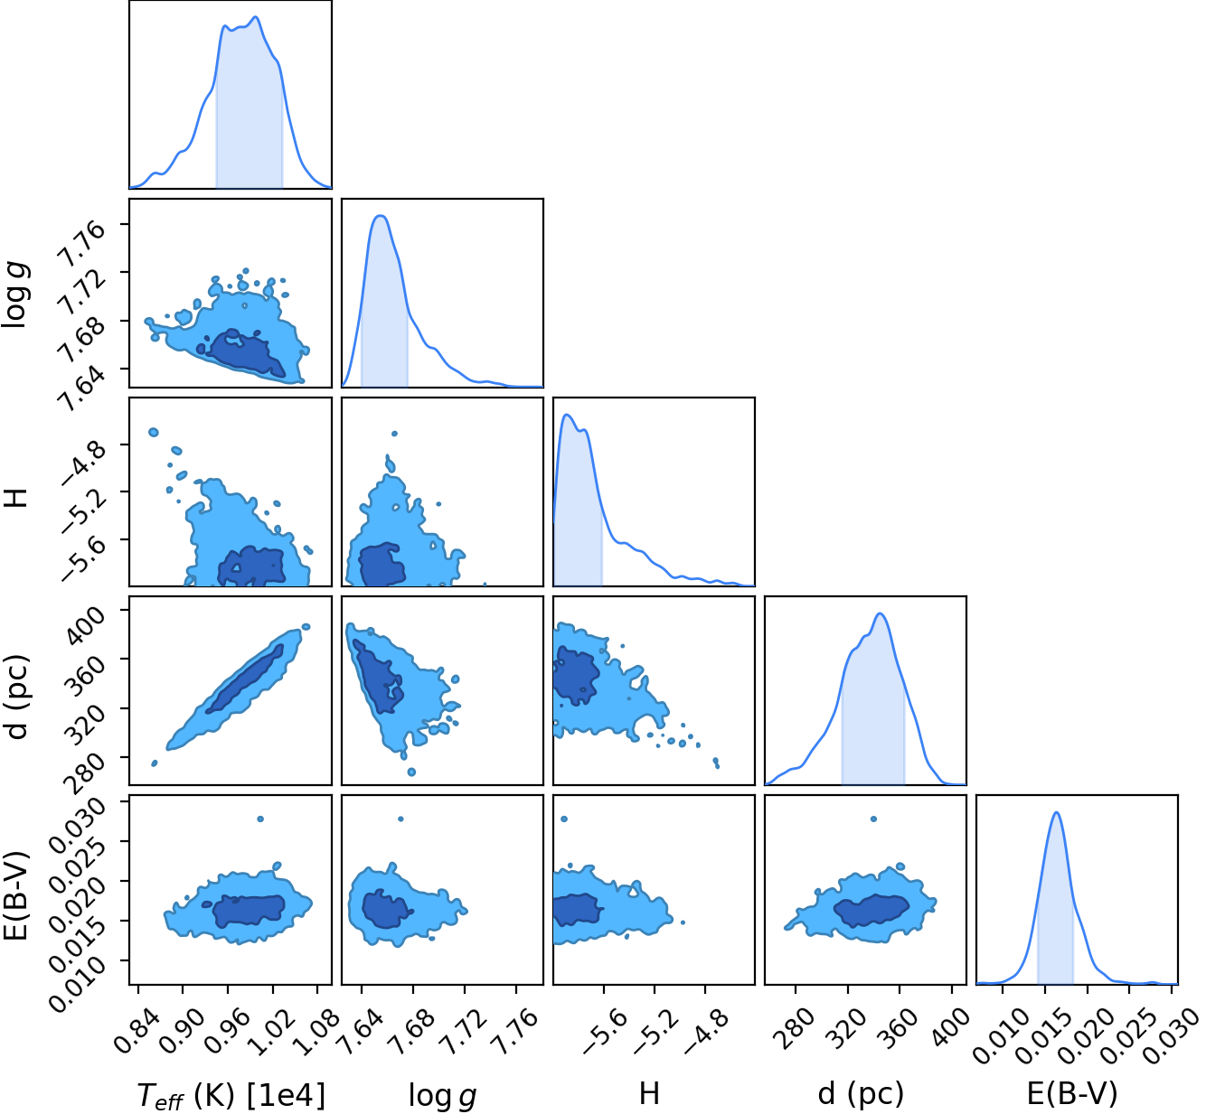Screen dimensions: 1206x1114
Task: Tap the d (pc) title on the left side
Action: [18, 697]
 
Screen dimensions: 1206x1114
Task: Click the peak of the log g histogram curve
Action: [381, 216]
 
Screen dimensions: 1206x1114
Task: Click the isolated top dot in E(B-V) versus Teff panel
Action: [260, 819]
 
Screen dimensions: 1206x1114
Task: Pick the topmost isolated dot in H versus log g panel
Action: [394, 434]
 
